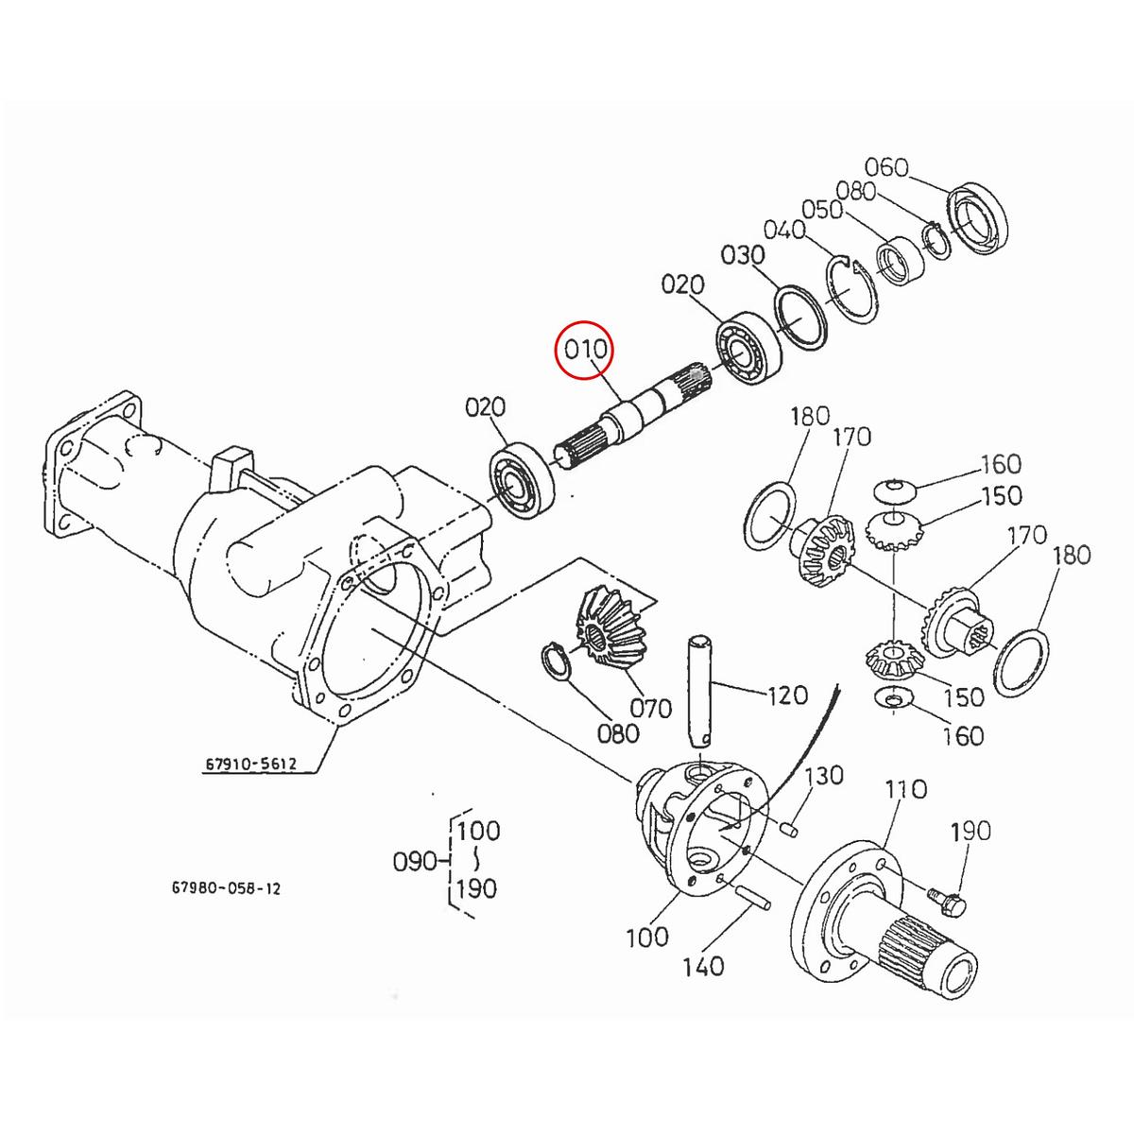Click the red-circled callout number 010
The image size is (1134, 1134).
[584, 351]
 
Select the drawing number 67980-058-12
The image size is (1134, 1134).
[226, 888]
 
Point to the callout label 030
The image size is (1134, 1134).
[742, 255]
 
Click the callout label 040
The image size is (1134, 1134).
[784, 230]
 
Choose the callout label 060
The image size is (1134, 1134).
[886, 167]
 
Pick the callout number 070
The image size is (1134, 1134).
[650, 707]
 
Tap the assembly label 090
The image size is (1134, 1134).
[414, 861]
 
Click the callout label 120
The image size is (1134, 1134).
[788, 695]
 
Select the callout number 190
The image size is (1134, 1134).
[971, 831]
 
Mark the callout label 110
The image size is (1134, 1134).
[905, 788]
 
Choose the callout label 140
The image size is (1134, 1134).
[702, 965]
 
